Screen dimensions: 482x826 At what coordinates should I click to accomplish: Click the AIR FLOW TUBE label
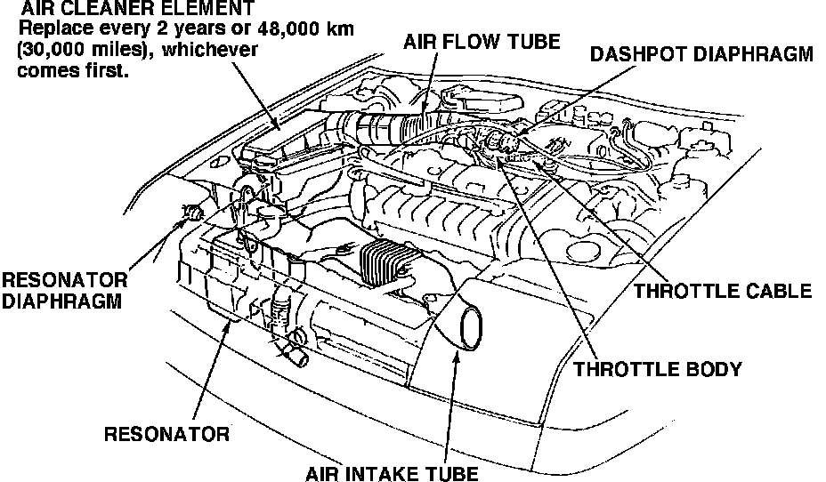coord(481,42)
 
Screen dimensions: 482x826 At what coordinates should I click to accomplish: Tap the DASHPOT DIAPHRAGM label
coord(702,53)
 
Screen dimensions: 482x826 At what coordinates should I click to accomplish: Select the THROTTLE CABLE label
coord(722,291)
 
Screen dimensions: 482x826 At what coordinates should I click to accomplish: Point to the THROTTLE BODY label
coord(658,368)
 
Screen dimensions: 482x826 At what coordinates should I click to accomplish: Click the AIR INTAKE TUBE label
coord(393,471)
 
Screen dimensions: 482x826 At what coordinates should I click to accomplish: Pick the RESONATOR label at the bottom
coord(166,434)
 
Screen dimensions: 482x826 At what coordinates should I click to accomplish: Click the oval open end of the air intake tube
coord(472,325)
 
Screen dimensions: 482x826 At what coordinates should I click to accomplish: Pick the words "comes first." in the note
coord(73,71)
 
